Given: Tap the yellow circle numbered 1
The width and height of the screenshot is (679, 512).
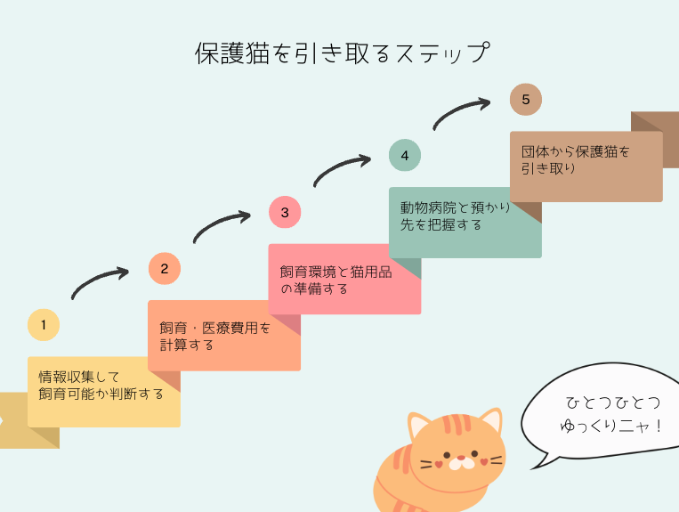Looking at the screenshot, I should click(44, 325).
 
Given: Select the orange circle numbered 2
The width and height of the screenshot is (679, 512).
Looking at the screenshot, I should click(164, 268).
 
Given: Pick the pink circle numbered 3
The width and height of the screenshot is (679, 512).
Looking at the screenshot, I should click(285, 212).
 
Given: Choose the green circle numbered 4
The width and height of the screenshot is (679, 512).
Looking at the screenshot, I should click(405, 156).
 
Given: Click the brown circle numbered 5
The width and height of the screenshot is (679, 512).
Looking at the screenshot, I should click(526, 100).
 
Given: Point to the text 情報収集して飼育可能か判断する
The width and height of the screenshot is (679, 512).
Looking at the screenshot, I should click(101, 385).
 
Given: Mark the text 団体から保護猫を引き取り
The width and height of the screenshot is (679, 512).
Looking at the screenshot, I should click(575, 159).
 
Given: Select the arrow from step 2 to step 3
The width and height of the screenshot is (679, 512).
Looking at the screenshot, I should click(222, 226).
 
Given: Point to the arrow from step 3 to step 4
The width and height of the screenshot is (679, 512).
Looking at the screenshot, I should click(342, 170).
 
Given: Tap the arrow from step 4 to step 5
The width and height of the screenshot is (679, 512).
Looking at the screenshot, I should click(462, 113).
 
